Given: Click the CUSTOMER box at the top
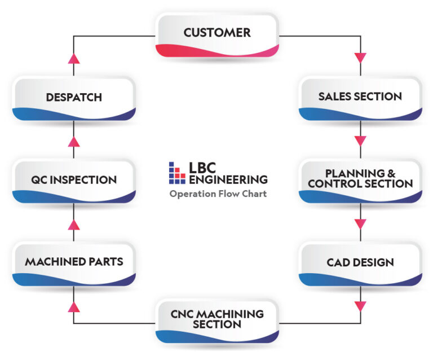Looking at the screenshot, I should [216, 35].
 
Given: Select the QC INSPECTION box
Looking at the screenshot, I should [74, 181].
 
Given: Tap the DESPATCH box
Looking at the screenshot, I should [74, 98].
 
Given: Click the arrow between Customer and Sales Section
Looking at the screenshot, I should [360, 58].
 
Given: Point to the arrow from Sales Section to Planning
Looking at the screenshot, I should [360, 141].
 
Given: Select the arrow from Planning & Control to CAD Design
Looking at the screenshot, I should [360, 223].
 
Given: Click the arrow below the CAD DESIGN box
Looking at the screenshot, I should [360, 306].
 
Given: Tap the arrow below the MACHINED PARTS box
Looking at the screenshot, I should [73, 306].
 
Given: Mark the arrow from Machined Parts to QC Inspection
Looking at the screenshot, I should [73, 224].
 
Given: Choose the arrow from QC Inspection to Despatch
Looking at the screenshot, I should [73, 141].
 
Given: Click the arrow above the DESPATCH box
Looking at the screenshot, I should [73, 58].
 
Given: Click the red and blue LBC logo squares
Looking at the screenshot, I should [177, 173].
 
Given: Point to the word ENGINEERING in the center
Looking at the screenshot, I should [228, 179].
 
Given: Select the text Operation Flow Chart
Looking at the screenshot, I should [218, 194].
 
